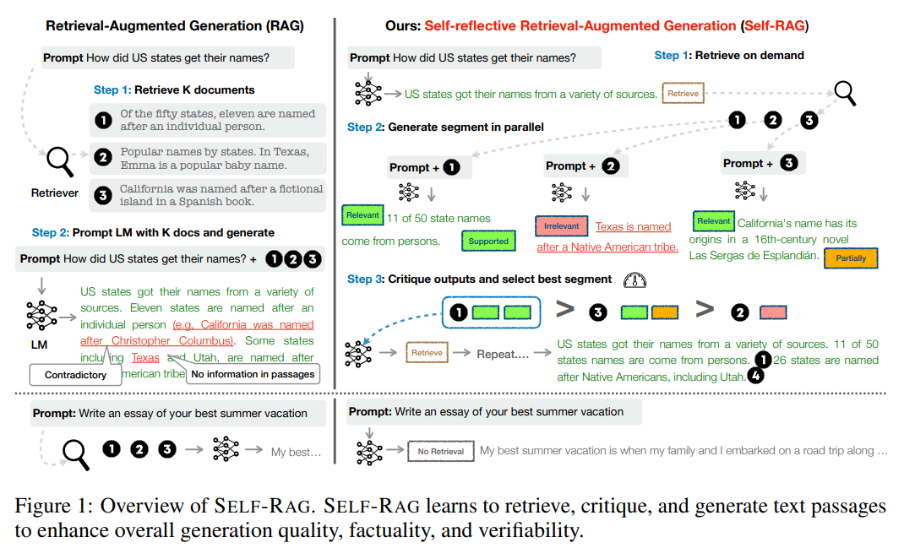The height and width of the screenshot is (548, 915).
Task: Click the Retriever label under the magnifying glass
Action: click(x=55, y=193)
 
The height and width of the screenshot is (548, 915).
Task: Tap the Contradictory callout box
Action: click(x=75, y=374)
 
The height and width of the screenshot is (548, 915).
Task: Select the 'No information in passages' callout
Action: click(x=253, y=374)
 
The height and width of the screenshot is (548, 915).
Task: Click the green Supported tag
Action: click(x=488, y=241)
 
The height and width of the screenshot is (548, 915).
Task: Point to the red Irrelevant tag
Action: click(x=561, y=227)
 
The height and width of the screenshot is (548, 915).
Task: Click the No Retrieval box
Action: click(x=440, y=452)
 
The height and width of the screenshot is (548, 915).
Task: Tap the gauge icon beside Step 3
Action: click(x=634, y=279)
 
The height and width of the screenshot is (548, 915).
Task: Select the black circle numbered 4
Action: click(x=755, y=377)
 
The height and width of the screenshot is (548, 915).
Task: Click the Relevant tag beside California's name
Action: click(x=713, y=221)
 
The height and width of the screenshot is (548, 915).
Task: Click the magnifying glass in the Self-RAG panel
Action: click(x=845, y=92)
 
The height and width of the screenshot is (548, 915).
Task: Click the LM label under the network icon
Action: click(x=40, y=345)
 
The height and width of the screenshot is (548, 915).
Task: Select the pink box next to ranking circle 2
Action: click(x=772, y=312)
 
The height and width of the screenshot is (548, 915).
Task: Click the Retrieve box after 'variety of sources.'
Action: click(x=684, y=94)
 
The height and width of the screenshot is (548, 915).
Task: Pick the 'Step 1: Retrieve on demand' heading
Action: click(x=729, y=55)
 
